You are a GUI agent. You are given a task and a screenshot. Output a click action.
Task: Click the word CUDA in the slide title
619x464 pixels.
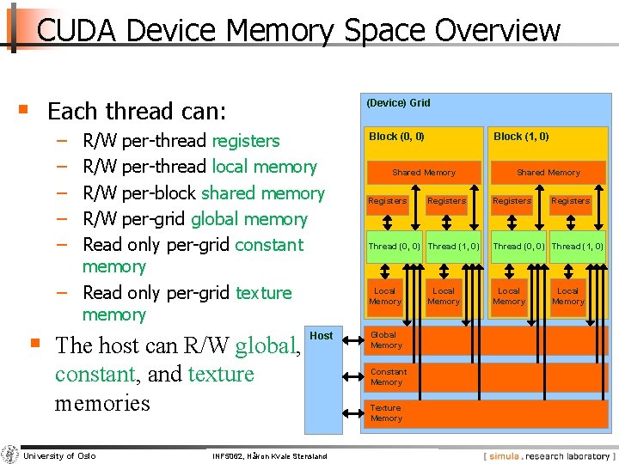[x=77, y=31]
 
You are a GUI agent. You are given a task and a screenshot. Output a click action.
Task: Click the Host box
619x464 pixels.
[x=321, y=336]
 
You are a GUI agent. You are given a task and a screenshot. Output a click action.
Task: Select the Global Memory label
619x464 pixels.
[x=385, y=340]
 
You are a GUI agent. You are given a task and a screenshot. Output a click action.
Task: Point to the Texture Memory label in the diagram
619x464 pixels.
[x=386, y=413]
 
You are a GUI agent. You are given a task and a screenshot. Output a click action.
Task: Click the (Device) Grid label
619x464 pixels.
[x=398, y=103]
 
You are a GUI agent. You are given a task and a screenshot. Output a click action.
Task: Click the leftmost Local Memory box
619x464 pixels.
[x=384, y=296]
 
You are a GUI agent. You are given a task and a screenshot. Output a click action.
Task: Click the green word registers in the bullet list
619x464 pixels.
[x=246, y=141]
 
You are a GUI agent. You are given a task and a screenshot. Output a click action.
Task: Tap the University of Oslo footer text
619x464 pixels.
[x=60, y=455]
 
